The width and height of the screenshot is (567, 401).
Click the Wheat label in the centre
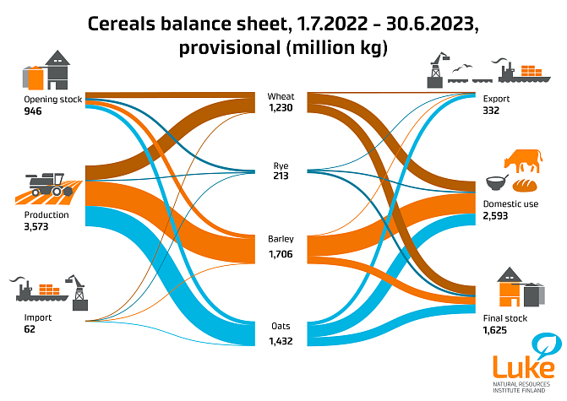pos(281,96)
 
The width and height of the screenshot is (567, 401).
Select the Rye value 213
pos(281,176)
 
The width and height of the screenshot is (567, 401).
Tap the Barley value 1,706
pos(281,253)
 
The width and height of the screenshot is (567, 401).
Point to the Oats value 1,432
pos(281,340)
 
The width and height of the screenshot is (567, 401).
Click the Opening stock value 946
pos(33,111)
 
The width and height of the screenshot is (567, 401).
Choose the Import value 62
pos(30,329)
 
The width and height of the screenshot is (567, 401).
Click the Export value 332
pos(492,111)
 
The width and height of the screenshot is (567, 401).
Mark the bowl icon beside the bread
pos(496,183)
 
